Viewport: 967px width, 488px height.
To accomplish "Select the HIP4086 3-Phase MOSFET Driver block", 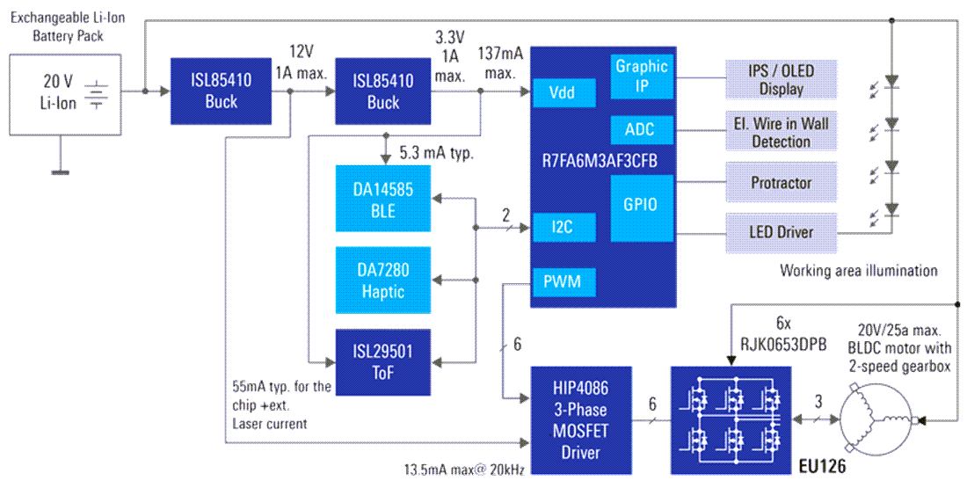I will tap(580, 420).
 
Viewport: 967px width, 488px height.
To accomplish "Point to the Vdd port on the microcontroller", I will tap(563, 91).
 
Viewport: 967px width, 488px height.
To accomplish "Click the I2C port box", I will tap(563, 228).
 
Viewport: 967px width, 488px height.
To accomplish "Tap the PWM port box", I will tap(563, 283).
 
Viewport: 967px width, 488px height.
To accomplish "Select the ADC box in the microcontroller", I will tap(641, 130).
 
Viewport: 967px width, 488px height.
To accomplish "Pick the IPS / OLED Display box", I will tap(782, 78).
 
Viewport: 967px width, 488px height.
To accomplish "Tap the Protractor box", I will tap(782, 183).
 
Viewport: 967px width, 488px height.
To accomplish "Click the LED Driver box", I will tap(782, 232).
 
